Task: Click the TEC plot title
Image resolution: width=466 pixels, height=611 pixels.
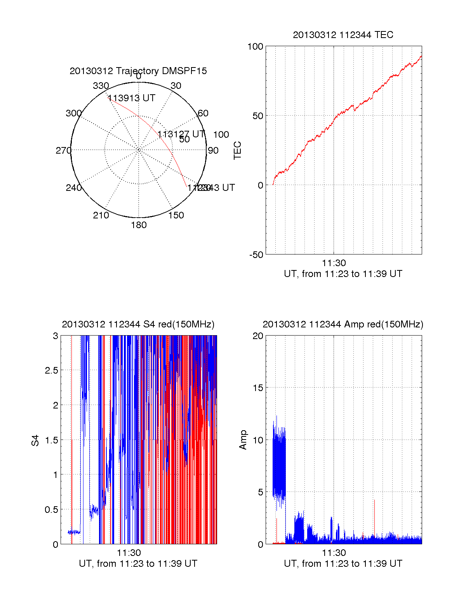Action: point(343,35)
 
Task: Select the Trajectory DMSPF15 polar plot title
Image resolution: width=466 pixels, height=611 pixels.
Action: point(138,71)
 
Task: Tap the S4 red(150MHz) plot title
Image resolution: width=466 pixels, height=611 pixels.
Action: point(138,324)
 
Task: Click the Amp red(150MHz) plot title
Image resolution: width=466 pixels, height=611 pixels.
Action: point(343,324)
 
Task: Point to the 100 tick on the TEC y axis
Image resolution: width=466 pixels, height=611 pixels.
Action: point(255,47)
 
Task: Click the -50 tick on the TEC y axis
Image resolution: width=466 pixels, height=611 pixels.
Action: point(256,255)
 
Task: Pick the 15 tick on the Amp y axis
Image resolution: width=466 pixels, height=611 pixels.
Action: point(258,388)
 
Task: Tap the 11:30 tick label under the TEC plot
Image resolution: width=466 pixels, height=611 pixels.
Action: point(334,263)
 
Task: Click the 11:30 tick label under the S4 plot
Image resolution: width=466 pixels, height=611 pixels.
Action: point(129,553)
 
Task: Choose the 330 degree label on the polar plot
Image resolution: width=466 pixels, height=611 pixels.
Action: point(101,86)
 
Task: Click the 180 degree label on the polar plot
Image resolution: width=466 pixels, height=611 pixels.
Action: point(139,225)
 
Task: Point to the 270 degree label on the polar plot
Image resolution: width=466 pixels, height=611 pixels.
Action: point(63,151)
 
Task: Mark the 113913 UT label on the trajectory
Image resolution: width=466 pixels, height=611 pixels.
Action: point(131,98)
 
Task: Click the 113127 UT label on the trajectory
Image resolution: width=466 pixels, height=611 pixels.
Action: point(181,134)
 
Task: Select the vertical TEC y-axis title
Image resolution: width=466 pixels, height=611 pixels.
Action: point(237,151)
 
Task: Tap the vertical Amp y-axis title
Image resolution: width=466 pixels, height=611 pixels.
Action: point(243,440)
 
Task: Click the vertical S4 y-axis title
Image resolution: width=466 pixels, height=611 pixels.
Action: point(35,441)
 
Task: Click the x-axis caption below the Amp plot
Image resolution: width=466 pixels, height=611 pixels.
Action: point(343,564)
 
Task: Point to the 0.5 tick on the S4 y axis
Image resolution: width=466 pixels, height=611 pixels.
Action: point(51,510)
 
